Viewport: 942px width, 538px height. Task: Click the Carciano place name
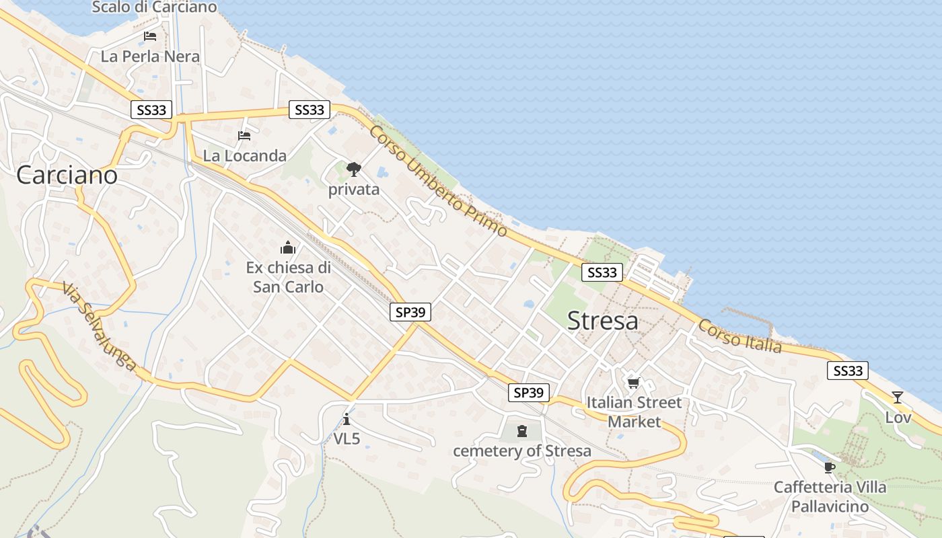point(67,176)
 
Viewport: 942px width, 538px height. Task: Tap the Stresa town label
point(602,321)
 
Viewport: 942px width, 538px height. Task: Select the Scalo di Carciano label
point(154,7)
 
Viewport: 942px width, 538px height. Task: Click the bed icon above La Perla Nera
point(150,36)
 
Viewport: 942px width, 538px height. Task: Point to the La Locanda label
point(244,156)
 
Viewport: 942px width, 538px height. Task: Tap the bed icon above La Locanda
point(244,136)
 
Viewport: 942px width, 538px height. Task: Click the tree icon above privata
point(353,169)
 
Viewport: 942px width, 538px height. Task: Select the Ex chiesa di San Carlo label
point(288,277)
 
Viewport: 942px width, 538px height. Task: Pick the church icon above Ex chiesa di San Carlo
point(288,247)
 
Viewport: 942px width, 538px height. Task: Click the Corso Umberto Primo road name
point(437,181)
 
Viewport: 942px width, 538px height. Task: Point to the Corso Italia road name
point(739,336)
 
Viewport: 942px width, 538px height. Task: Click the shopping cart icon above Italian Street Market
point(633,383)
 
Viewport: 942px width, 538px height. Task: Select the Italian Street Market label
point(634,412)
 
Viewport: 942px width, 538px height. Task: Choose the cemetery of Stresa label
point(521,451)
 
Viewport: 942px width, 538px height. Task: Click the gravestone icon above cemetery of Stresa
point(521,431)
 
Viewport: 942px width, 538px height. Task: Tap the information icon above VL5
point(347,419)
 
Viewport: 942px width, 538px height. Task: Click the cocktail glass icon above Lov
point(897,397)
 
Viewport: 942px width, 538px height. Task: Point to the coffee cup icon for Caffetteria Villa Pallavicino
point(829,467)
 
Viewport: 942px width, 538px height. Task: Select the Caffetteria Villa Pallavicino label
point(830,496)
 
